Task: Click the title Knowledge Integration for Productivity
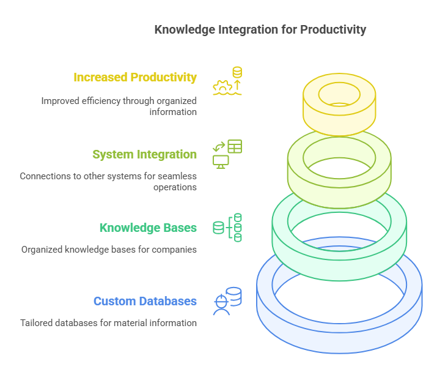click(260, 29)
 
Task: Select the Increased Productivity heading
click(135, 78)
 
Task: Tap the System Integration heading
click(144, 154)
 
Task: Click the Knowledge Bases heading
click(148, 228)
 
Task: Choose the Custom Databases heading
click(145, 301)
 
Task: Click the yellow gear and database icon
click(227, 81)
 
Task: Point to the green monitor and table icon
click(227, 154)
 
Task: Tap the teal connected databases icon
click(227, 228)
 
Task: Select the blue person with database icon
click(227, 301)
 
